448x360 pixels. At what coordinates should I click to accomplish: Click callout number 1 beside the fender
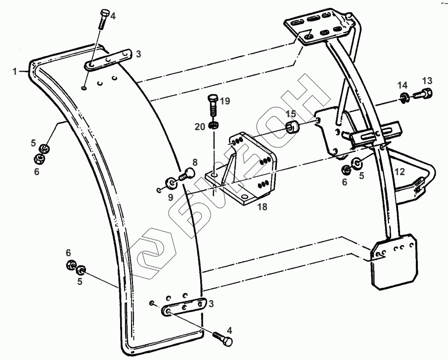[15, 72]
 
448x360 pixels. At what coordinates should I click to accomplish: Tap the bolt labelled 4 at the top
[104, 19]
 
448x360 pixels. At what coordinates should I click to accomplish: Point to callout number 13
[427, 81]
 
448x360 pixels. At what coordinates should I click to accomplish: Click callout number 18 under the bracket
[262, 207]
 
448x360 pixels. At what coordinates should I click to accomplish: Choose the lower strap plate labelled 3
[183, 307]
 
